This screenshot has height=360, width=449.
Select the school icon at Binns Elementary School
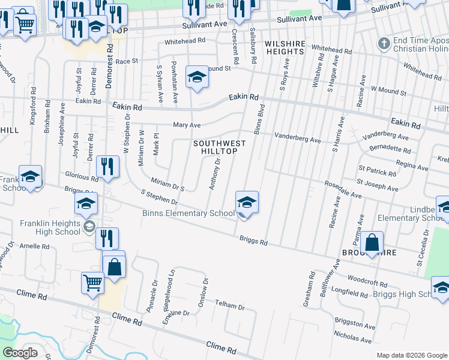pos(247,203)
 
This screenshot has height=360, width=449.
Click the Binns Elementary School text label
pos(188,213)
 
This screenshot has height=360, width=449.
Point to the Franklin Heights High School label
pos(50,227)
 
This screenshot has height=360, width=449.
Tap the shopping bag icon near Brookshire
pos(372,244)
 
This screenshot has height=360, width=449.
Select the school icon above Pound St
pos(196,78)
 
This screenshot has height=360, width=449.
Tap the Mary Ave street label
pos(187,125)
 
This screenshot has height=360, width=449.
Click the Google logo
pos(20,353)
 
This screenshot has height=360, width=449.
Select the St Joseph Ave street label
pos(378,185)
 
